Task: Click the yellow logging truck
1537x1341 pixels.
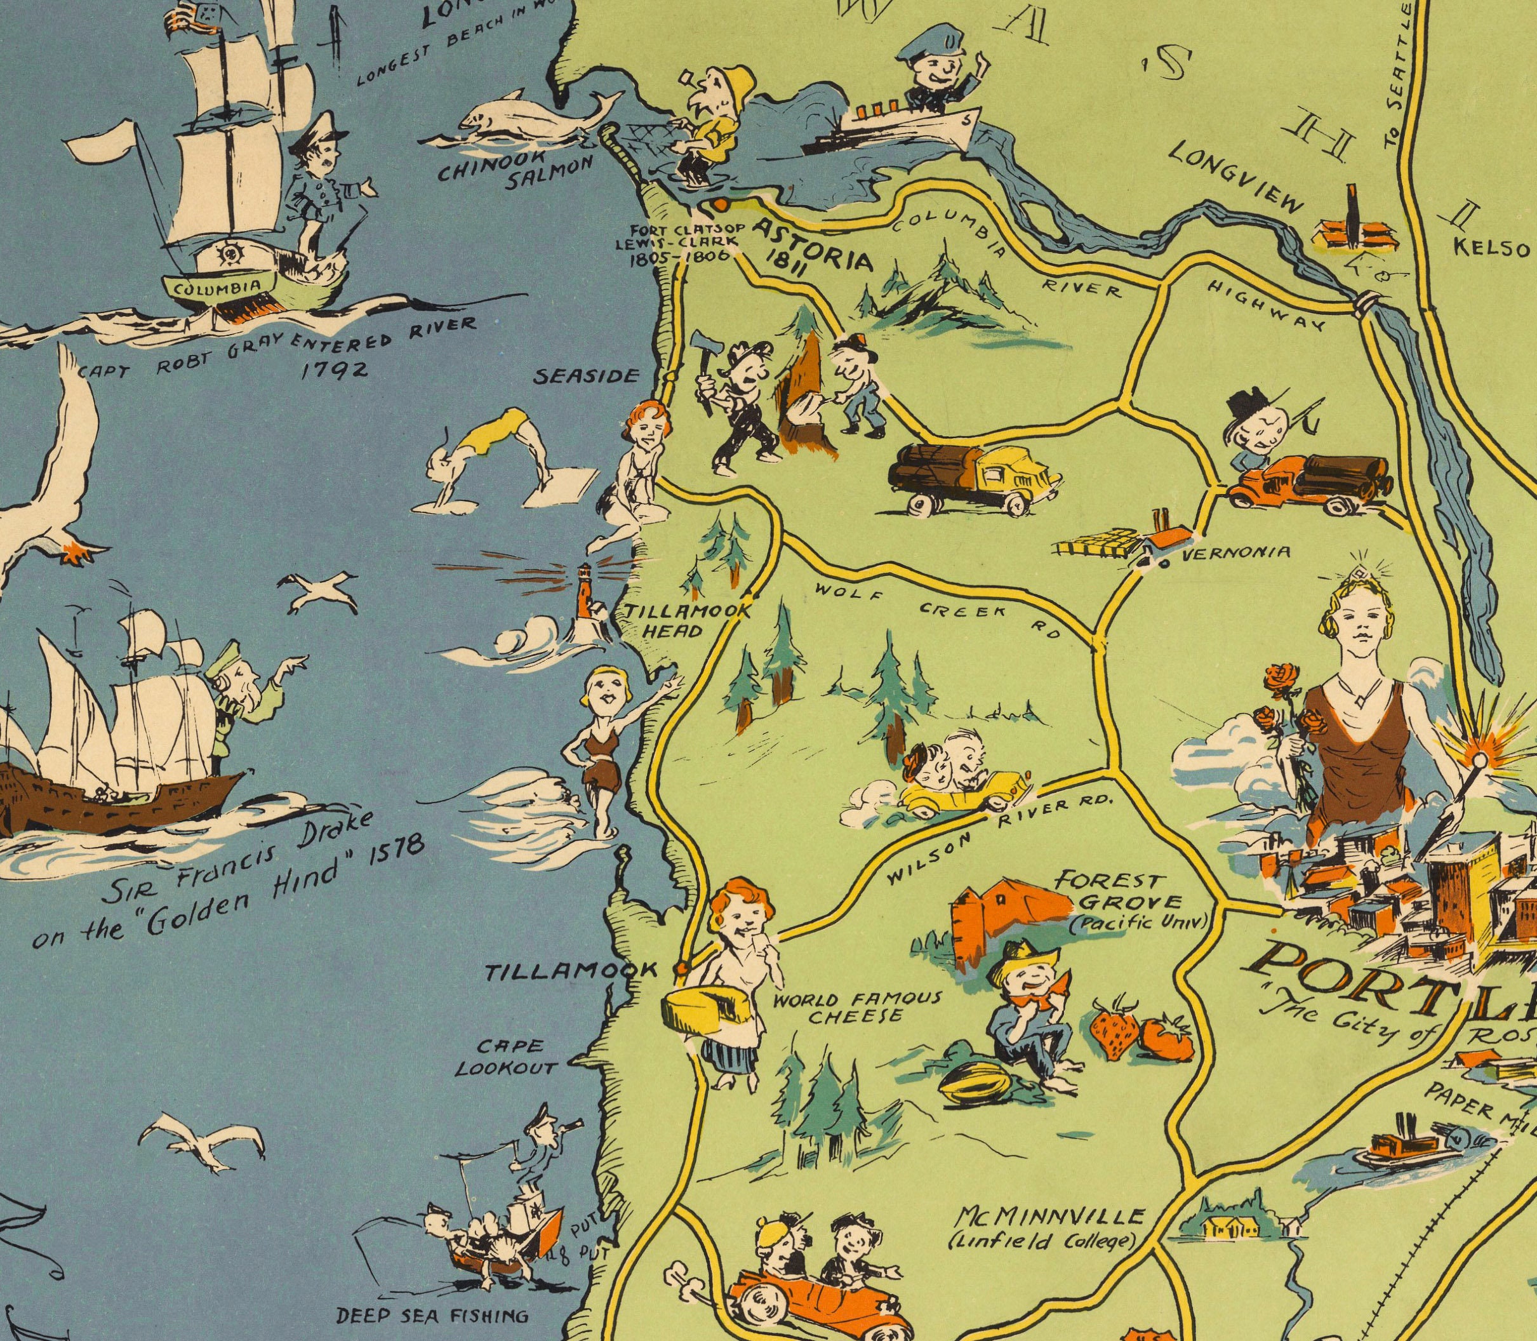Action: click(973, 479)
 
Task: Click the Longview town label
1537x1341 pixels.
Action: click(1235, 177)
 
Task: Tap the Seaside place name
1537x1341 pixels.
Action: click(585, 377)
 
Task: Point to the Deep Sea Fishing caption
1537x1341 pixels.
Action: click(432, 1315)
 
